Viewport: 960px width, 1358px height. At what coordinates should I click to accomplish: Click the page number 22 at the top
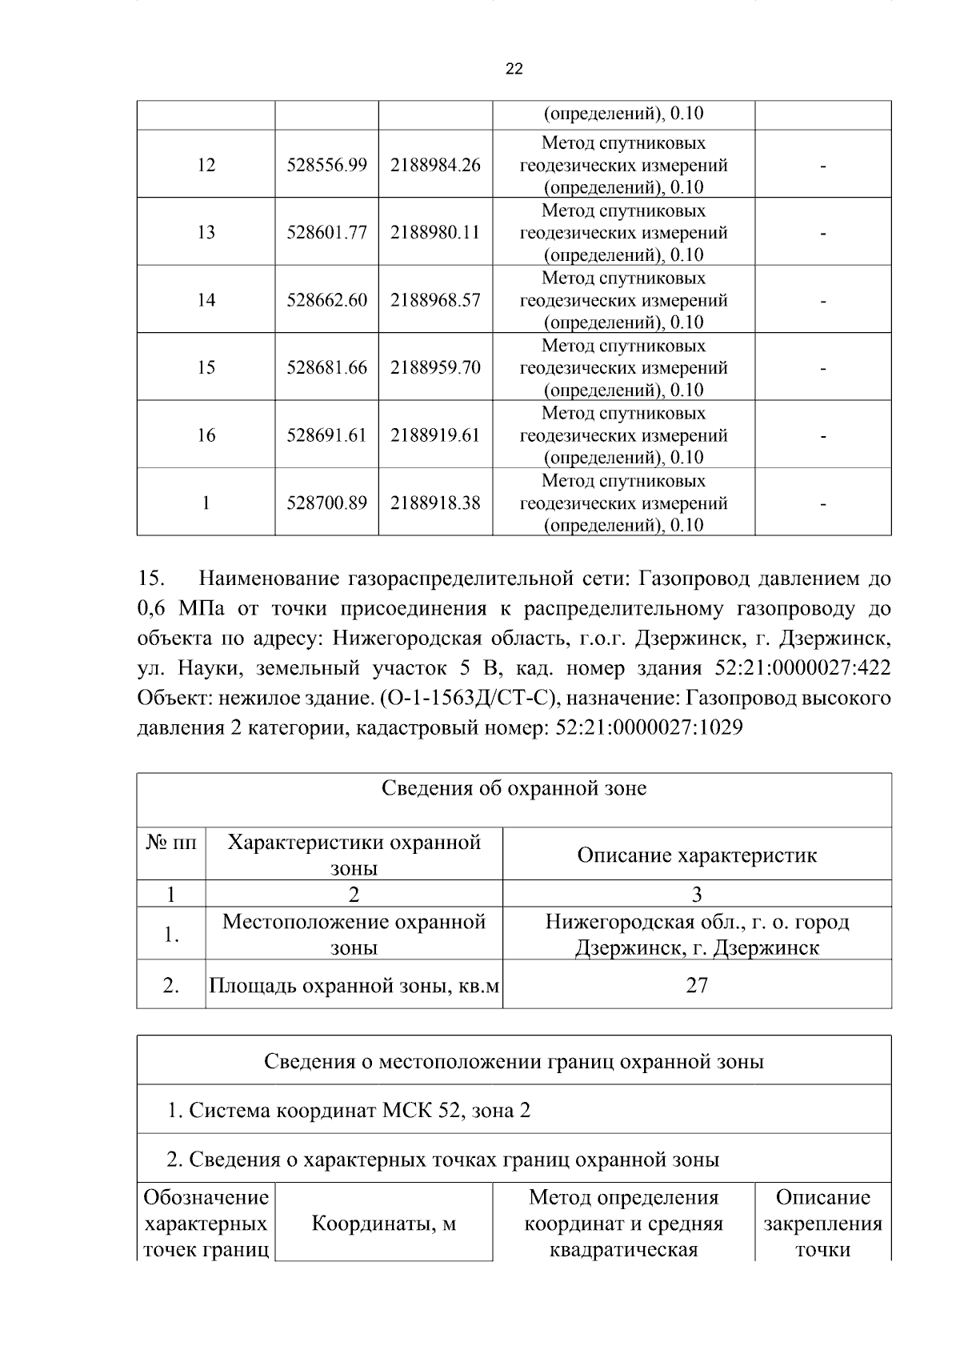tap(514, 70)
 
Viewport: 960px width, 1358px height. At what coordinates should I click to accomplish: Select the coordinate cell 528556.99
tap(326, 165)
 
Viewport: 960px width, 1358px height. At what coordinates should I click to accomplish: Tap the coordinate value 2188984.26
tap(435, 165)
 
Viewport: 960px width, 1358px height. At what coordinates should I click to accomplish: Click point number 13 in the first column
tap(206, 232)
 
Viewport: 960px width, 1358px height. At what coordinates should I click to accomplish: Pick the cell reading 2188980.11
tap(435, 232)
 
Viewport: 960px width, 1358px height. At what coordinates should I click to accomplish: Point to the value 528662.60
tap(326, 300)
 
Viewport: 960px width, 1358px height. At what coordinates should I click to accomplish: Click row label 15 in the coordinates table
tap(206, 367)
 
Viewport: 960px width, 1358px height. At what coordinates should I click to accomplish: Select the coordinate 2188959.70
tap(435, 367)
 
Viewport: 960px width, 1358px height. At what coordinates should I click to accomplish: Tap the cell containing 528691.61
tap(326, 435)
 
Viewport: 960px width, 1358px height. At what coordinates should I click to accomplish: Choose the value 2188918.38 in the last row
tap(435, 503)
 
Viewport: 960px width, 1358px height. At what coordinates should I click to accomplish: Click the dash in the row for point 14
tap(822, 302)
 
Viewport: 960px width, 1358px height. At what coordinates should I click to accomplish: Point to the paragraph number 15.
tap(151, 579)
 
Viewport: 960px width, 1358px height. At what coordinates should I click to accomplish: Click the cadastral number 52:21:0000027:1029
tap(649, 728)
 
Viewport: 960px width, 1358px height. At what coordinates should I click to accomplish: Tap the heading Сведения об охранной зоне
tap(514, 789)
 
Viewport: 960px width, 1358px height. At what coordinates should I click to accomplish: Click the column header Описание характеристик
tap(697, 855)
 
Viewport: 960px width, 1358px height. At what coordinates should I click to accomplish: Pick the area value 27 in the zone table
tap(697, 985)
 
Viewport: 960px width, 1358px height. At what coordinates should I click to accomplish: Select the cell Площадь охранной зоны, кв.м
tap(354, 985)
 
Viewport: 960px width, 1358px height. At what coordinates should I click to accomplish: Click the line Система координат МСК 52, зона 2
tap(349, 1111)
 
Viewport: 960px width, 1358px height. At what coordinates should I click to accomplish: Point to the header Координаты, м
tap(383, 1224)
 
